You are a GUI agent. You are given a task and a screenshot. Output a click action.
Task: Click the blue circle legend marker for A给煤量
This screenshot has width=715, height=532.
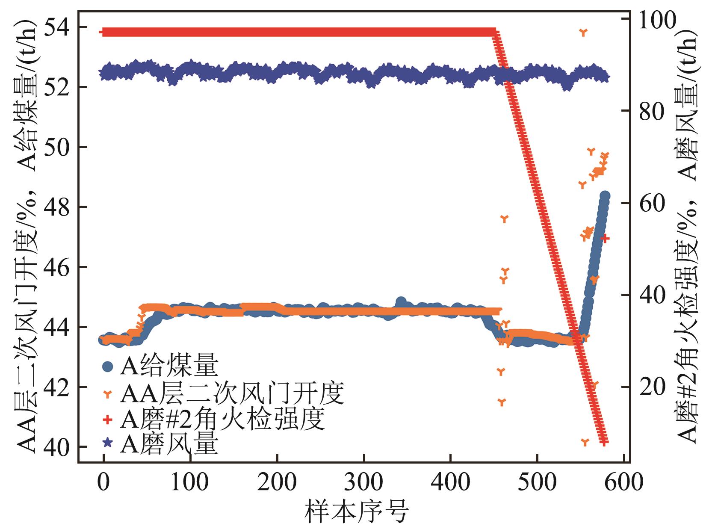[108, 366]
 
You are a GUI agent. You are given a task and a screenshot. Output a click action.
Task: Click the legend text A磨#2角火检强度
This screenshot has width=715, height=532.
[222, 419]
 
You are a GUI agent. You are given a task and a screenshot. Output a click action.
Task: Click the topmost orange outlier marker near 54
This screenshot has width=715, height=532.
[583, 32]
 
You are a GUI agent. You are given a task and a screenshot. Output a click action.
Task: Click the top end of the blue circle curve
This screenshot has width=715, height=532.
[605, 196]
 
